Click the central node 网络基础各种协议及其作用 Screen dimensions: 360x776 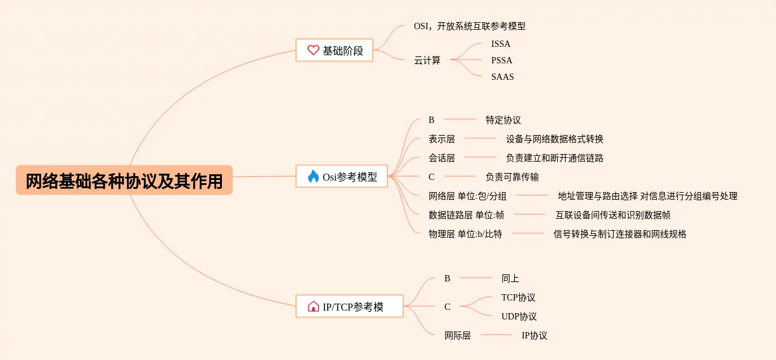(124, 181)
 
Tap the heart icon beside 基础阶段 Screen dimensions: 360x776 (313, 50)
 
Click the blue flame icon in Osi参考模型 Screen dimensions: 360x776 (313, 177)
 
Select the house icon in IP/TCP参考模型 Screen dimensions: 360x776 (313, 307)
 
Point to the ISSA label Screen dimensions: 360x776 (500, 44)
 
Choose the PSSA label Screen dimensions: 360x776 (501, 60)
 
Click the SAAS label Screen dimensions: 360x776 (502, 77)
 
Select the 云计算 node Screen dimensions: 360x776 (427, 60)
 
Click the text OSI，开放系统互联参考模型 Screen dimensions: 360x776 (469, 26)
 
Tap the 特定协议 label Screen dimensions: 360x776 (503, 120)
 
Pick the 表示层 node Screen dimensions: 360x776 (441, 139)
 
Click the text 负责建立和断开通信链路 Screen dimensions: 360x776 (555, 158)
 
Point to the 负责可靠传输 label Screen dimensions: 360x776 (512, 177)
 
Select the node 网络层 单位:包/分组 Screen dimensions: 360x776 (467, 196)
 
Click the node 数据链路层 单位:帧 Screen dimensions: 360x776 (466, 215)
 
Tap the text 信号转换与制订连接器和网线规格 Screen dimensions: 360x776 (619, 234)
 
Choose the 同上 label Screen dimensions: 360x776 (510, 278)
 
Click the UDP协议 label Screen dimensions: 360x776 (519, 316)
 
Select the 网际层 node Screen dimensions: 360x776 (457, 335)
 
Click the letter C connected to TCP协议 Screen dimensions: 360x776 (447, 307)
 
